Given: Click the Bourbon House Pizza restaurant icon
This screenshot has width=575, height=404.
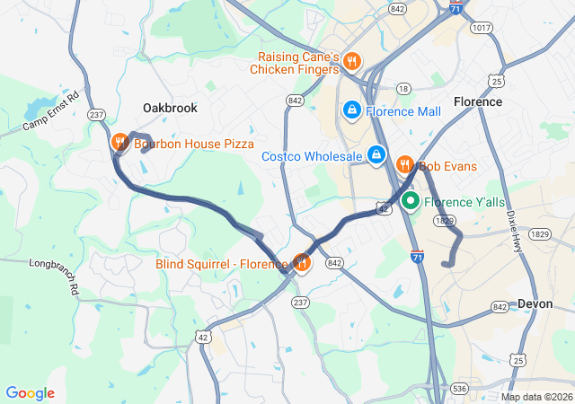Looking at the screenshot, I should pos(119,143).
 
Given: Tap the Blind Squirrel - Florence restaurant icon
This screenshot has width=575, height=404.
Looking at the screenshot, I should pos(302,263).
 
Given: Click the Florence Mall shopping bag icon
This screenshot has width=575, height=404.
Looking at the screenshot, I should pos(351,111).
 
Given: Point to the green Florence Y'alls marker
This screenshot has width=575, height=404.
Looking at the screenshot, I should pos(411,201).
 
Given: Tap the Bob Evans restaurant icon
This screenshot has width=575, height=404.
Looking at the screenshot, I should pos(404,165).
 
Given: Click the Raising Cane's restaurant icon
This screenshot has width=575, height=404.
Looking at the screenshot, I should pos(352,62).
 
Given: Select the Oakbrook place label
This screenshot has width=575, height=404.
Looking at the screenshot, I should pos(170,108).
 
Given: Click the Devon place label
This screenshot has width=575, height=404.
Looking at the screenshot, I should pos(535,304).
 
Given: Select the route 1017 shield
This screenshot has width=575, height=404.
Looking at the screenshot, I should pos(481,28).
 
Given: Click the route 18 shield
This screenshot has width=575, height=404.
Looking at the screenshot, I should pos(403,88).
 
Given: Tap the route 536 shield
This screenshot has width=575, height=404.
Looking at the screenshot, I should pos(460,388).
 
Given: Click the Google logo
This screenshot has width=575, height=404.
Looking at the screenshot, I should pos(30,393).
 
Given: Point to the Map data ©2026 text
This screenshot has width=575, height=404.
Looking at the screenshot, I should pos(535,397).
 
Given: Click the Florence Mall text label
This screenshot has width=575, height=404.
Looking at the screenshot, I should pos(403,111).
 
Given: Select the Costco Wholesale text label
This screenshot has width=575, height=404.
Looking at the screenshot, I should pos(312,156).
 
